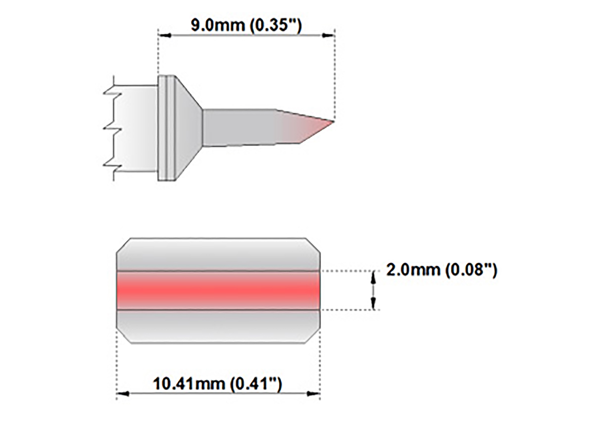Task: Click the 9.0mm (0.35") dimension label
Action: tap(246, 25)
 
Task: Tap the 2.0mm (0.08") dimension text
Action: tap(441, 270)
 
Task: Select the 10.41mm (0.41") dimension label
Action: tap(217, 384)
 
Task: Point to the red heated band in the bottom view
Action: tap(218, 290)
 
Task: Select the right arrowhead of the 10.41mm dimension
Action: tap(313, 393)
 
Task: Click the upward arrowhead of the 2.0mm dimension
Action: tap(374, 277)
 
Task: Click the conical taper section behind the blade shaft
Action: tap(188, 128)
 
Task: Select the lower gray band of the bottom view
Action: tap(218, 326)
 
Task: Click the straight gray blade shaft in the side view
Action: tap(238, 128)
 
